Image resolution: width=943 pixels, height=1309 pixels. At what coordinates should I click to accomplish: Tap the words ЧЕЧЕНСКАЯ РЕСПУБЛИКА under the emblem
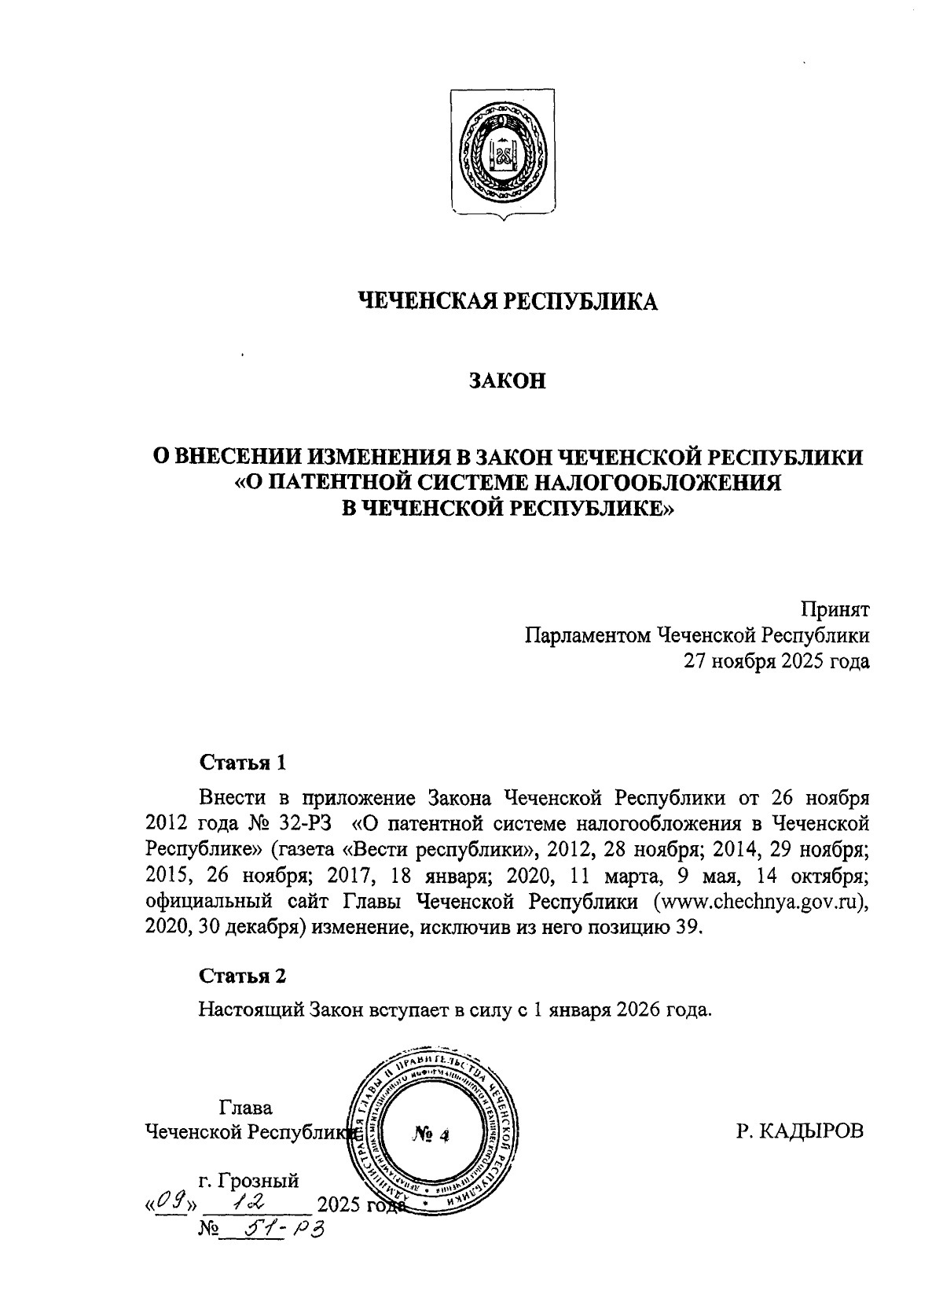pos(506,301)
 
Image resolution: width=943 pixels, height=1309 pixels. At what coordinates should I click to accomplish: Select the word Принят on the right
pos(835,609)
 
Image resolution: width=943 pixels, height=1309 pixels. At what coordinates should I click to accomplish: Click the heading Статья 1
pos(243,762)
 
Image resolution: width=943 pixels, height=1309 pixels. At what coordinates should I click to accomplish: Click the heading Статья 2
pos(243,976)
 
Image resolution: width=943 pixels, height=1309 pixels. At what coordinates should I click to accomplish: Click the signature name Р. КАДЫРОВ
pos(800,1132)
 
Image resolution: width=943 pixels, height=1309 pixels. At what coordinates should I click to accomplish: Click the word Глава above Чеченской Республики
pos(245,1108)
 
